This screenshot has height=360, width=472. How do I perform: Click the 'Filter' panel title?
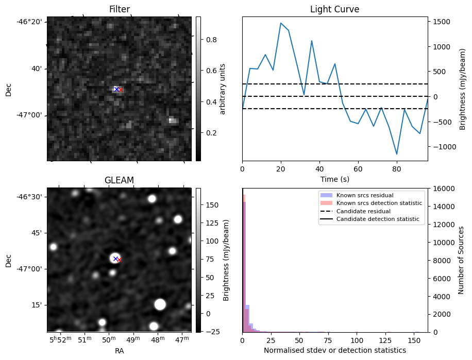click(119, 9)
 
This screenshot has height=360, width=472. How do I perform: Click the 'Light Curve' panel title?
click(334, 9)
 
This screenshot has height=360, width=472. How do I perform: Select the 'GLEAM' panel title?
click(119, 180)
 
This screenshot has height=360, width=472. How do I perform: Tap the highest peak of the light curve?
click(281, 23)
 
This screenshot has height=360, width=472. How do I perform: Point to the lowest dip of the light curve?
click(397, 154)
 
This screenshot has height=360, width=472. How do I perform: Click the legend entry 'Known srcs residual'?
click(364, 196)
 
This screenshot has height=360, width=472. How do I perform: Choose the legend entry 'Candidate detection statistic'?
click(379, 219)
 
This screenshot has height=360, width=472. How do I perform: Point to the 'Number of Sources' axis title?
click(461, 260)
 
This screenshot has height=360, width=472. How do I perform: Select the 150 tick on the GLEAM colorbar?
click(211, 205)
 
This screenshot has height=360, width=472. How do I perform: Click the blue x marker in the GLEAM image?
click(115, 259)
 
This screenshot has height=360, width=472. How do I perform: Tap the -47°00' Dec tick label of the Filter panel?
click(30, 115)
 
